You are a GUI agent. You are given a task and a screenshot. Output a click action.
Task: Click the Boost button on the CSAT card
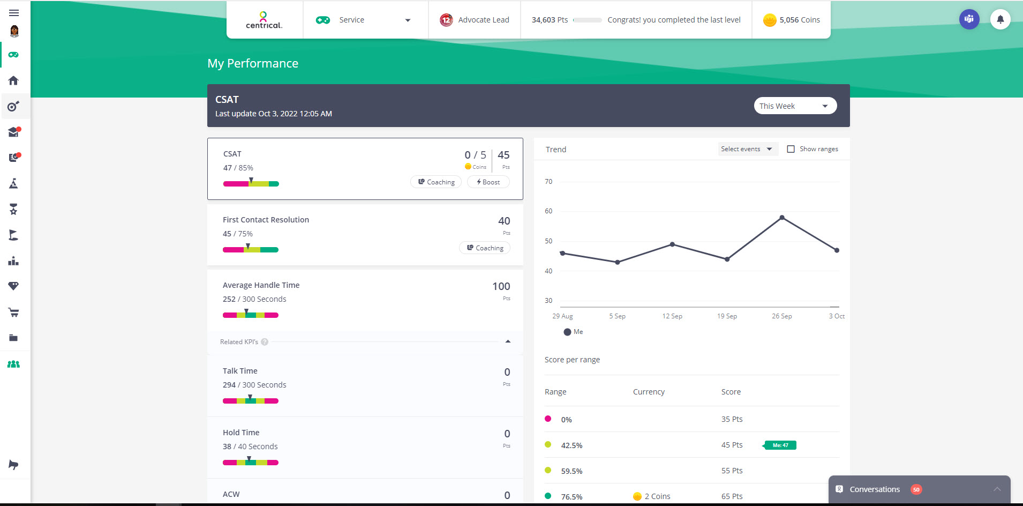488,182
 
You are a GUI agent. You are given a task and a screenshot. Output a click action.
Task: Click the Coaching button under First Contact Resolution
485,248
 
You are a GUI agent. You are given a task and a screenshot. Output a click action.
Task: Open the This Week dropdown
795,106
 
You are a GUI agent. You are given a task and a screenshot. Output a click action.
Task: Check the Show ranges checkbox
791,149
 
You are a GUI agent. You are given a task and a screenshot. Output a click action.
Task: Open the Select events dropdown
747,149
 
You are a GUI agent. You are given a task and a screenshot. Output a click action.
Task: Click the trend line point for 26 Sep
782,218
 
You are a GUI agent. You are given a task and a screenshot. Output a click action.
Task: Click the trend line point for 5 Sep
618,262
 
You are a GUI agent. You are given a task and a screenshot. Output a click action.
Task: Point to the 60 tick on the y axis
548,211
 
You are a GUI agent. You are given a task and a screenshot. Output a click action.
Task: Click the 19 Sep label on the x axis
727,316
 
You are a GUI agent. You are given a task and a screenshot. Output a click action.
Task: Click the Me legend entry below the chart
573,332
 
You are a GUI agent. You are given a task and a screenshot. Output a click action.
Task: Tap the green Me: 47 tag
780,445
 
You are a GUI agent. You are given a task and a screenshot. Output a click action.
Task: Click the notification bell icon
1000,20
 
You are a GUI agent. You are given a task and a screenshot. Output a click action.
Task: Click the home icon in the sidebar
13,80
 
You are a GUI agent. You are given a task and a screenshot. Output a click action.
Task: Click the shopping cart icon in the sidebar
13,312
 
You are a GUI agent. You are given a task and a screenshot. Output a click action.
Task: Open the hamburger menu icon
14,13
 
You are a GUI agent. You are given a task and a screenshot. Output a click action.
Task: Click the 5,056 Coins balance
792,20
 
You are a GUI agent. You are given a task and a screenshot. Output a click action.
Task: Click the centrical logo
264,20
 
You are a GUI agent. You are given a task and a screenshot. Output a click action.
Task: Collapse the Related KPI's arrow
508,341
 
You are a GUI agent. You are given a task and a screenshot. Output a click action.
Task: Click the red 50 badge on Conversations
916,489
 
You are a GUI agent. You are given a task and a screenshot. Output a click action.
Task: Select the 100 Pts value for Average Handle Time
501,287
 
